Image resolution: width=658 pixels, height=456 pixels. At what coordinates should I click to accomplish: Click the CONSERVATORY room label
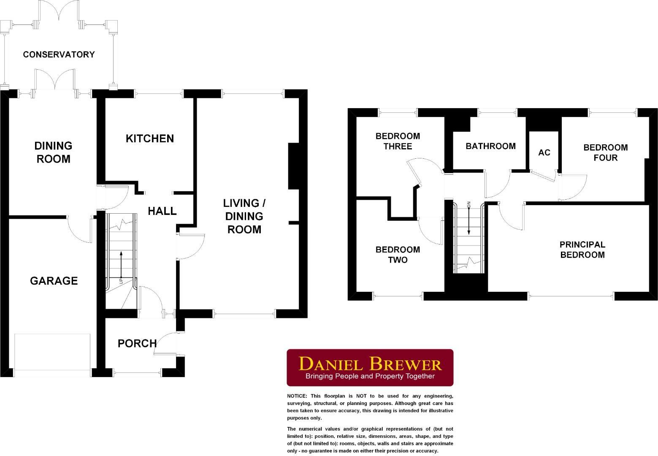click(x=59, y=54)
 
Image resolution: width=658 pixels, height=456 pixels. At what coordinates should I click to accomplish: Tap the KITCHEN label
click(x=150, y=138)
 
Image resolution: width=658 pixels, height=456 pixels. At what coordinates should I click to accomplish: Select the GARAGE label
click(x=54, y=281)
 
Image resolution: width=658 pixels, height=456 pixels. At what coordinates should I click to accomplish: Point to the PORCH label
click(x=137, y=343)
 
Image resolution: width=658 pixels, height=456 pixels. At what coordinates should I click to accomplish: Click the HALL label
click(x=162, y=211)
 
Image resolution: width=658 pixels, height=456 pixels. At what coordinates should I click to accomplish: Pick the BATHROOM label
click(x=490, y=146)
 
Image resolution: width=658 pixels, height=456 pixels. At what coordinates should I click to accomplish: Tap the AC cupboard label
click(x=544, y=152)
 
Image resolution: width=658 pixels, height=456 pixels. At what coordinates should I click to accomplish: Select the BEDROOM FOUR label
click(x=605, y=152)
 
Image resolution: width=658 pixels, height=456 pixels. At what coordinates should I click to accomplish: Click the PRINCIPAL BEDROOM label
click(x=582, y=250)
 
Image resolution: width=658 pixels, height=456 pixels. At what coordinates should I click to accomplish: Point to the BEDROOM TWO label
click(x=398, y=255)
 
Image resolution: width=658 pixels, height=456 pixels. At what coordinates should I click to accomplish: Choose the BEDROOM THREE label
click(x=398, y=141)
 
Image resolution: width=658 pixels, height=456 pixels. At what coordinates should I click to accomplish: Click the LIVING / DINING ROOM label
click(x=244, y=216)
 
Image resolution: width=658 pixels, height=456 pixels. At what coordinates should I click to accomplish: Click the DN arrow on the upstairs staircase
click(x=469, y=220)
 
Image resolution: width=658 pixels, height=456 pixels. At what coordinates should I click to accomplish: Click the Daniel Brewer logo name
click(x=370, y=364)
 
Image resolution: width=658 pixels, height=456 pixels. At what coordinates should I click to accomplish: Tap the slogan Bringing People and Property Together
click(x=370, y=376)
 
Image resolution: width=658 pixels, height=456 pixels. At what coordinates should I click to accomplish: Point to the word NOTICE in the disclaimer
click(x=297, y=396)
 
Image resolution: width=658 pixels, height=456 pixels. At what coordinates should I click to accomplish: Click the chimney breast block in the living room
click(x=293, y=166)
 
